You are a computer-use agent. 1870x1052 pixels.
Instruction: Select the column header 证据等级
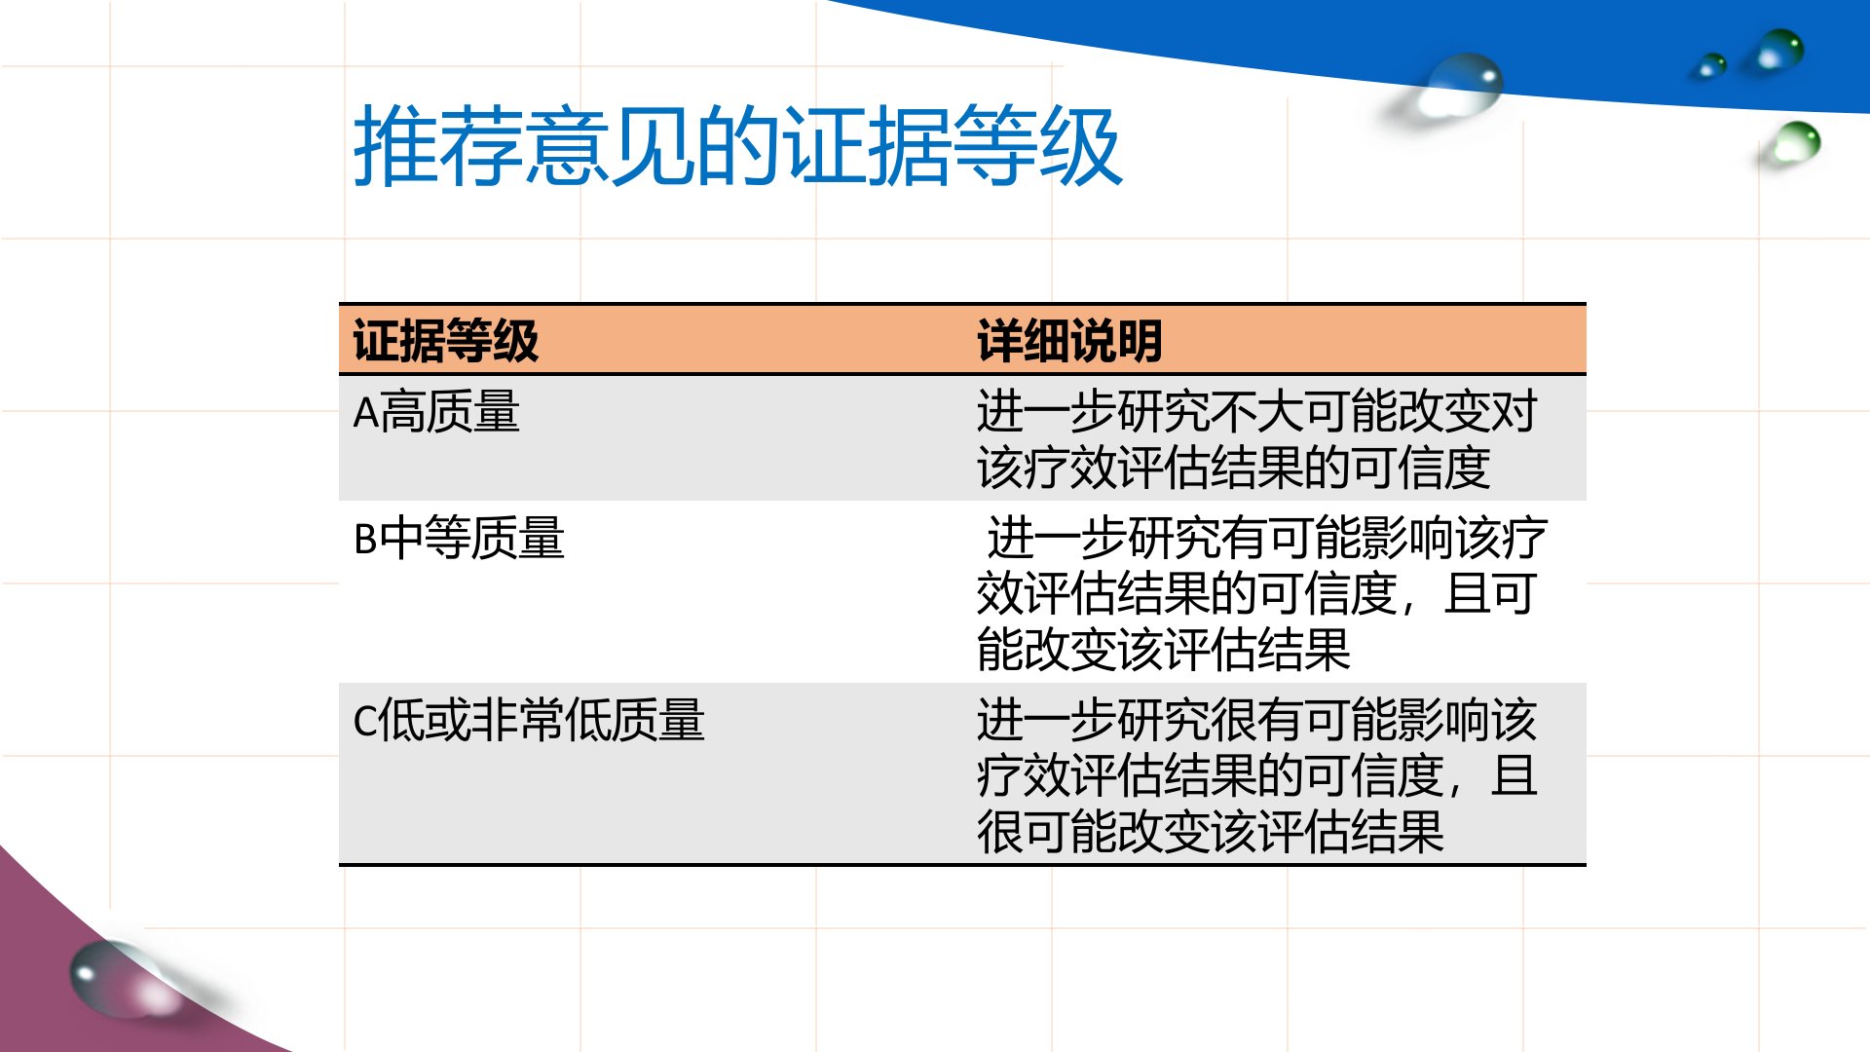pyautogui.click(x=445, y=341)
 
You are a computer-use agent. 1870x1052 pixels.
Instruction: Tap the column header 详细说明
pyautogui.click(x=1069, y=341)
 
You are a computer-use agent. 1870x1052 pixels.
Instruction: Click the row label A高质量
pyautogui.click(x=435, y=412)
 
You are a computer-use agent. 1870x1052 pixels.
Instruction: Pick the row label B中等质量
pyautogui.click(x=459, y=538)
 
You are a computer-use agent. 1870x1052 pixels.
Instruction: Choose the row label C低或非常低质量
pyautogui.click(x=528, y=721)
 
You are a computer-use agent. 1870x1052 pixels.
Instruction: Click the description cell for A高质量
pyautogui.click(x=1256, y=439)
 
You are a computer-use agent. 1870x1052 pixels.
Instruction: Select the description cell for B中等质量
pyautogui.click(x=1262, y=593)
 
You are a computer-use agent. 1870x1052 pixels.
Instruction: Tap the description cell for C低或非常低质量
pyautogui.click(x=1256, y=775)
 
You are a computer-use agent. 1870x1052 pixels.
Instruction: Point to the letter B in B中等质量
pyautogui.click(x=365, y=539)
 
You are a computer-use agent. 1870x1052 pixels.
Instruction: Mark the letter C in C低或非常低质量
pyautogui.click(x=364, y=722)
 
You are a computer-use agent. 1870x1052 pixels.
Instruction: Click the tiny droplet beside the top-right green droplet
pyautogui.click(x=1709, y=65)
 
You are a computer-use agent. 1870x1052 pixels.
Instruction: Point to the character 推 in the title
pyautogui.click(x=394, y=146)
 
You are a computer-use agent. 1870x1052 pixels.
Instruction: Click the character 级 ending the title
pyautogui.click(x=1081, y=146)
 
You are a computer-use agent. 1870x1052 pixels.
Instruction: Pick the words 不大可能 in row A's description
pyautogui.click(x=1303, y=411)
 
